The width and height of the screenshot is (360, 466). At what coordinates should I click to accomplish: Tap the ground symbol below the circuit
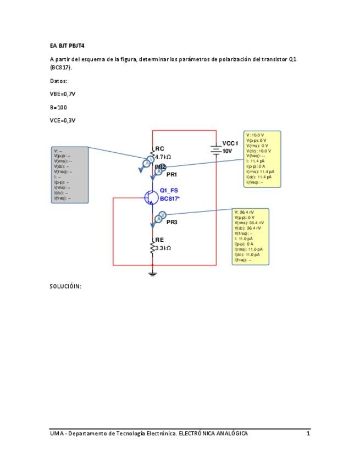tap(153, 273)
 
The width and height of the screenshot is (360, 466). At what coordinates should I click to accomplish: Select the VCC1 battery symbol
tap(216, 149)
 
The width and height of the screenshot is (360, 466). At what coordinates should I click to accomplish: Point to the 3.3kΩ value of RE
tap(163, 248)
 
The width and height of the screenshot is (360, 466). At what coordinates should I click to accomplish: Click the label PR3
tap(171, 222)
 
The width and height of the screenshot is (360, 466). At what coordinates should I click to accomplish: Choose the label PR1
tap(171, 174)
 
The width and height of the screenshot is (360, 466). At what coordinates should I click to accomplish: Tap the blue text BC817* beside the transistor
tap(170, 198)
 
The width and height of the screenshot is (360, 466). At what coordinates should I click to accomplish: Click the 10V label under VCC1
tap(228, 151)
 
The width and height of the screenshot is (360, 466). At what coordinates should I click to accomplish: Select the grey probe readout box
tap(69, 175)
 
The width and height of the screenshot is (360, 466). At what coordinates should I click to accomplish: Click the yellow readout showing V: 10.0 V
tap(262, 159)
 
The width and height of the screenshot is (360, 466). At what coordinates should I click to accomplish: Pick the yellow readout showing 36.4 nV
tap(250, 236)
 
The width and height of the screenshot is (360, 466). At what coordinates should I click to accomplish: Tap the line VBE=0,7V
tap(62, 94)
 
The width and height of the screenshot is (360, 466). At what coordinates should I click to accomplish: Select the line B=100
tap(58, 107)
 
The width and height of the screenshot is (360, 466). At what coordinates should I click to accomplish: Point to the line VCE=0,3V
tap(62, 120)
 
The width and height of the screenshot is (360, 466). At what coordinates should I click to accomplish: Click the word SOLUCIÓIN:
tap(65, 286)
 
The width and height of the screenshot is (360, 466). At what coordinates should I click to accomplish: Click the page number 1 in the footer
tap(308, 434)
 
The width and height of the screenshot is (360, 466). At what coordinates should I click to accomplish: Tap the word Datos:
tap(58, 80)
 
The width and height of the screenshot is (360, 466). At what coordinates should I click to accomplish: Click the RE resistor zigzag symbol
tap(153, 248)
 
